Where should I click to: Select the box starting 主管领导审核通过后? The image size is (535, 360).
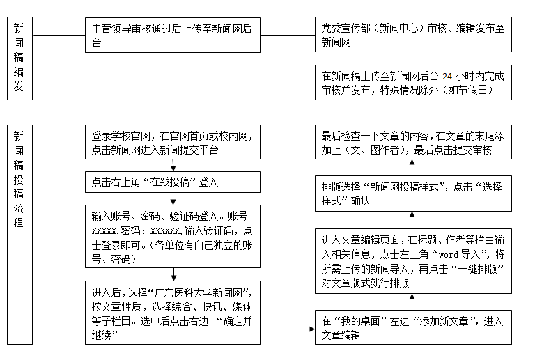[x=173, y=36]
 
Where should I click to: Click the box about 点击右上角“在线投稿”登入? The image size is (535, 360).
[x=173, y=182]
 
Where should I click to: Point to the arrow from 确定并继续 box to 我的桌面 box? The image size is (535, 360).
[x=287, y=328]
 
